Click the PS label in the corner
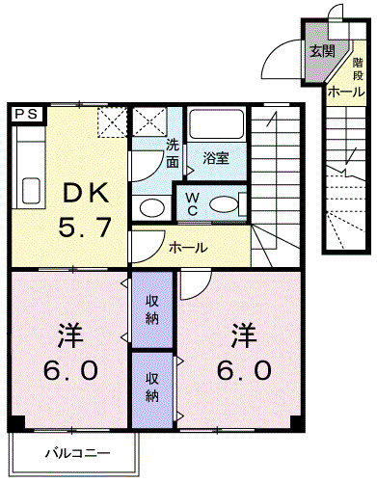click(27, 114)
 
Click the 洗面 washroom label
click(172, 154)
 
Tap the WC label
click(193, 203)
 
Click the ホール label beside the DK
click(187, 247)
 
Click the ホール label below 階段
click(345, 93)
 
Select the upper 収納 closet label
click(151, 309)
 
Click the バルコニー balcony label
click(77, 453)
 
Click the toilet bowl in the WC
click(224, 203)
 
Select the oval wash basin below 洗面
click(150, 206)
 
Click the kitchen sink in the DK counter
click(28, 188)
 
